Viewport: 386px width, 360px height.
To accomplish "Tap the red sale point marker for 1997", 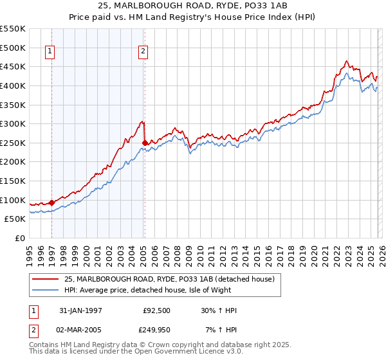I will point(51,203).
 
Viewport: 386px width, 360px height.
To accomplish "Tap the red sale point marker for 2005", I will point(144,143).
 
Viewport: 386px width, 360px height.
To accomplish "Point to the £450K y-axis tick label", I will point(13,66).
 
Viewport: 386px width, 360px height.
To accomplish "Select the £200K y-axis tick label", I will point(13,161).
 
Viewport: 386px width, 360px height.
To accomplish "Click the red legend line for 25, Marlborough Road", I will point(45,279).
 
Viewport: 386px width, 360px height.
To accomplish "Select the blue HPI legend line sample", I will point(45,290).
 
